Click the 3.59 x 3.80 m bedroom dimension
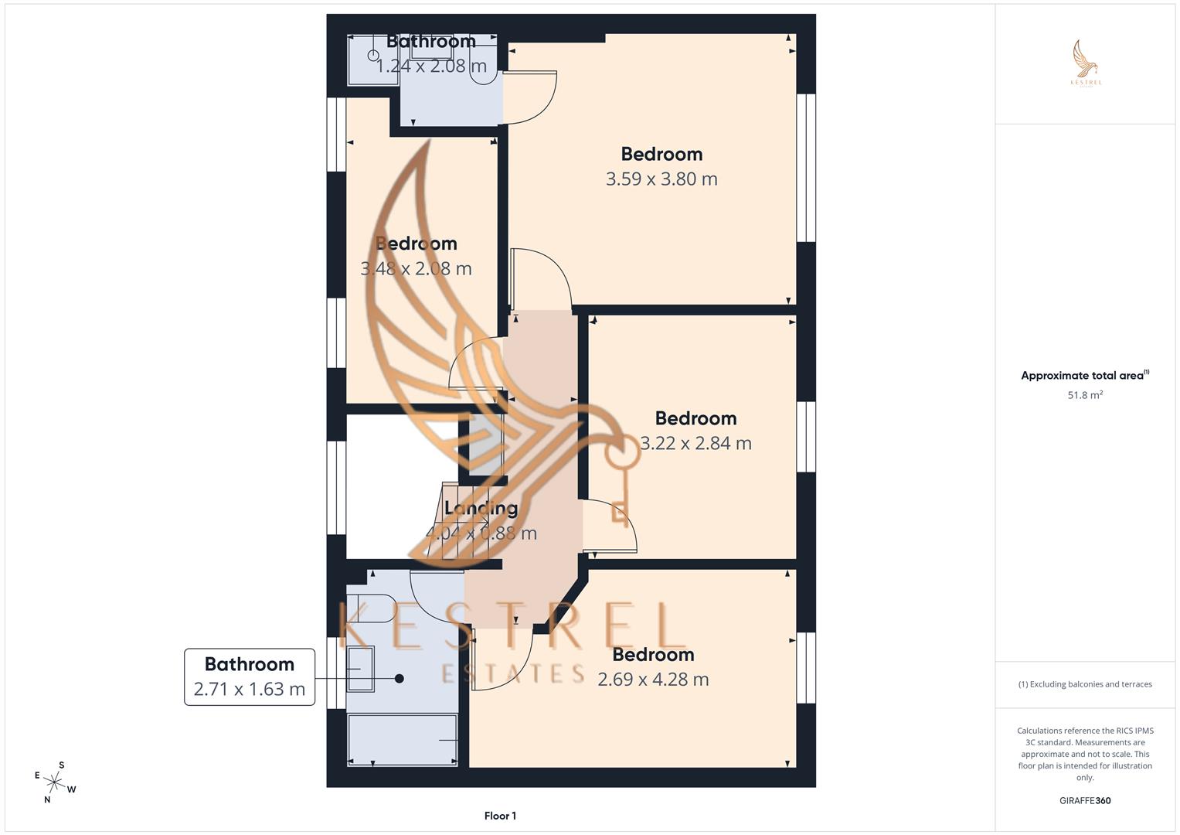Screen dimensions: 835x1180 tap(661, 179)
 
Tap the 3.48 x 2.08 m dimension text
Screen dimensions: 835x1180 tap(416, 269)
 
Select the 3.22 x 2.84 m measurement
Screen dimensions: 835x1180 tap(695, 444)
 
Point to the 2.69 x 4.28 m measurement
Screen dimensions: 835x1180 tap(653, 680)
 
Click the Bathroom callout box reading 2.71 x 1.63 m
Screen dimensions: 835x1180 tap(250, 677)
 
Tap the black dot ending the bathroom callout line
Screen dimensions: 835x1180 tap(400, 679)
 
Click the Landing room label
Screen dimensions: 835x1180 tap(481, 509)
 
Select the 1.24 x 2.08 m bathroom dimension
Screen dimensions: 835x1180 tap(431, 66)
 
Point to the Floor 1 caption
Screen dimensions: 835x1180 tap(500, 816)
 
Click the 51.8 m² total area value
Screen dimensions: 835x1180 tap(1085, 395)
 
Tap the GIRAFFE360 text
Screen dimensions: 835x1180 tap(1085, 801)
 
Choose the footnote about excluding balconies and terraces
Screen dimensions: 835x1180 tap(1085, 684)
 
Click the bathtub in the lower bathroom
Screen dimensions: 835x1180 tap(402, 740)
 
